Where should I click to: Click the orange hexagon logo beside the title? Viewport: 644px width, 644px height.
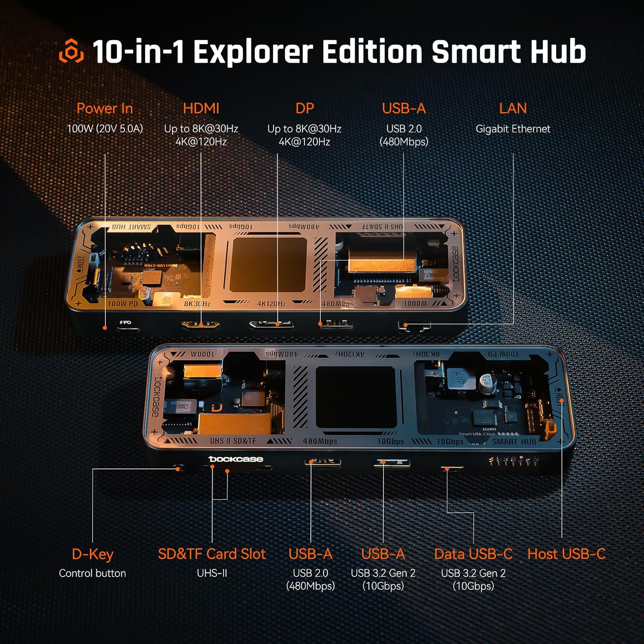71,51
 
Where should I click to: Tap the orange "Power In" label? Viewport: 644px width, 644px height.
105,109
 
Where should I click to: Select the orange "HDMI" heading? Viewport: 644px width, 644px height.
201,109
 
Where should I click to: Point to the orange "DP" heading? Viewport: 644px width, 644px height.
304,109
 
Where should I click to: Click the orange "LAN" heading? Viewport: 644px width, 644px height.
513,109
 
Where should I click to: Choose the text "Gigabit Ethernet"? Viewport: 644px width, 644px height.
513,129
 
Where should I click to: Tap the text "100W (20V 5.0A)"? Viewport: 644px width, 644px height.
105,129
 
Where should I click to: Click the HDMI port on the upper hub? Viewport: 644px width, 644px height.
200,325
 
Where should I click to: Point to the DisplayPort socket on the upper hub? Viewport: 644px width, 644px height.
271,324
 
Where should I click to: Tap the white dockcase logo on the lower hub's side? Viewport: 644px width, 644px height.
236,459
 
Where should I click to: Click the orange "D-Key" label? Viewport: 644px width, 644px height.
92,554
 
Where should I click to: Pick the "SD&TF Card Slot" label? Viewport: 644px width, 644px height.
212,554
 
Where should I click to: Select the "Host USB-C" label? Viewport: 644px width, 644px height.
566,554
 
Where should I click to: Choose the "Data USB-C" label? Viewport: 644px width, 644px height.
473,554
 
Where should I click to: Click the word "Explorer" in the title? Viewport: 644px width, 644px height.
253,52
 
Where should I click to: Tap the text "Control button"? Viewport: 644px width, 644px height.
92,574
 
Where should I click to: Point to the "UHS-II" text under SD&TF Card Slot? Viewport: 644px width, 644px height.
212,574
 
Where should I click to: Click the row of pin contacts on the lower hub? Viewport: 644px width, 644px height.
513,462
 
